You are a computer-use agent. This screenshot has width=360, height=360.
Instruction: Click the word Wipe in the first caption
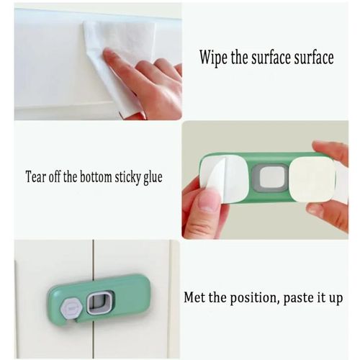point(214,58)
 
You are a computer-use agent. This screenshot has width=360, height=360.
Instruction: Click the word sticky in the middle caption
point(127,178)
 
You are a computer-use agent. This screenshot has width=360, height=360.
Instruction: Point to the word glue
point(153,178)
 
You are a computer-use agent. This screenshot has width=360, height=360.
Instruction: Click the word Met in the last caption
point(195,297)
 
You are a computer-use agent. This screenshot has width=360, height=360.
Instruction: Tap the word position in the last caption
point(254,298)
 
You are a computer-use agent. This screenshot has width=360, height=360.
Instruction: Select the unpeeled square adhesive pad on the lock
point(312,179)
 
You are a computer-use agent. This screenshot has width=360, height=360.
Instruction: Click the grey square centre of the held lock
point(270,178)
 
